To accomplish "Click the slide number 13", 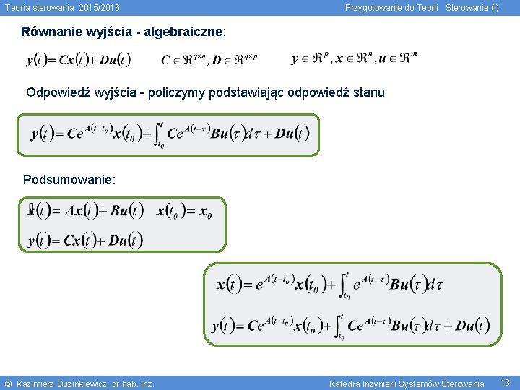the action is (506, 382).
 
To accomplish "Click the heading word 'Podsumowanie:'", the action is (69, 179).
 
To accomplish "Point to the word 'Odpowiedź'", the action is (56, 92).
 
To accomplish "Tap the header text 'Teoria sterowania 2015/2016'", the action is (62, 8).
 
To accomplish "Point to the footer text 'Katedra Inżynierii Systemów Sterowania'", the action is (407, 383).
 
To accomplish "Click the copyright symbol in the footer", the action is (8, 383).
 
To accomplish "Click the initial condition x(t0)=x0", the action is (184, 212).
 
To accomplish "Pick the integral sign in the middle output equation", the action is (158, 134).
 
